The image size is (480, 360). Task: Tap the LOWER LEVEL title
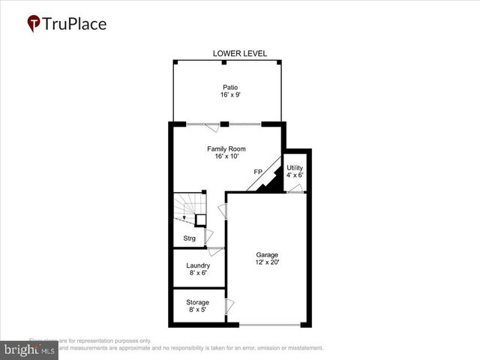[240, 54]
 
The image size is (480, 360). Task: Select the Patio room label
[229, 88]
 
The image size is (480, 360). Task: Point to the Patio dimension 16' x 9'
[229, 96]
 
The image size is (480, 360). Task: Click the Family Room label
[226, 149]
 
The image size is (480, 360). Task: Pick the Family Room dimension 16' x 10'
[226, 157]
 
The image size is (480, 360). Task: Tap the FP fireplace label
[258, 172]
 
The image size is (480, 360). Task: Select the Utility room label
[295, 167]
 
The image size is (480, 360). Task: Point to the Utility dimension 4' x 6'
[295, 175]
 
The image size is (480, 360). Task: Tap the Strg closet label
[190, 238]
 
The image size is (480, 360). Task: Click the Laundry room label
[198, 265]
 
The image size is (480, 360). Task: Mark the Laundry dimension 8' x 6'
[198, 274]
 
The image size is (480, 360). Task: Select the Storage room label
[198, 302]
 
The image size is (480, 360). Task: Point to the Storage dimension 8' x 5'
[198, 310]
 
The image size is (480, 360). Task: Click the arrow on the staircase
[184, 217]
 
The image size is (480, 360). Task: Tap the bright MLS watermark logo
[30, 350]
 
